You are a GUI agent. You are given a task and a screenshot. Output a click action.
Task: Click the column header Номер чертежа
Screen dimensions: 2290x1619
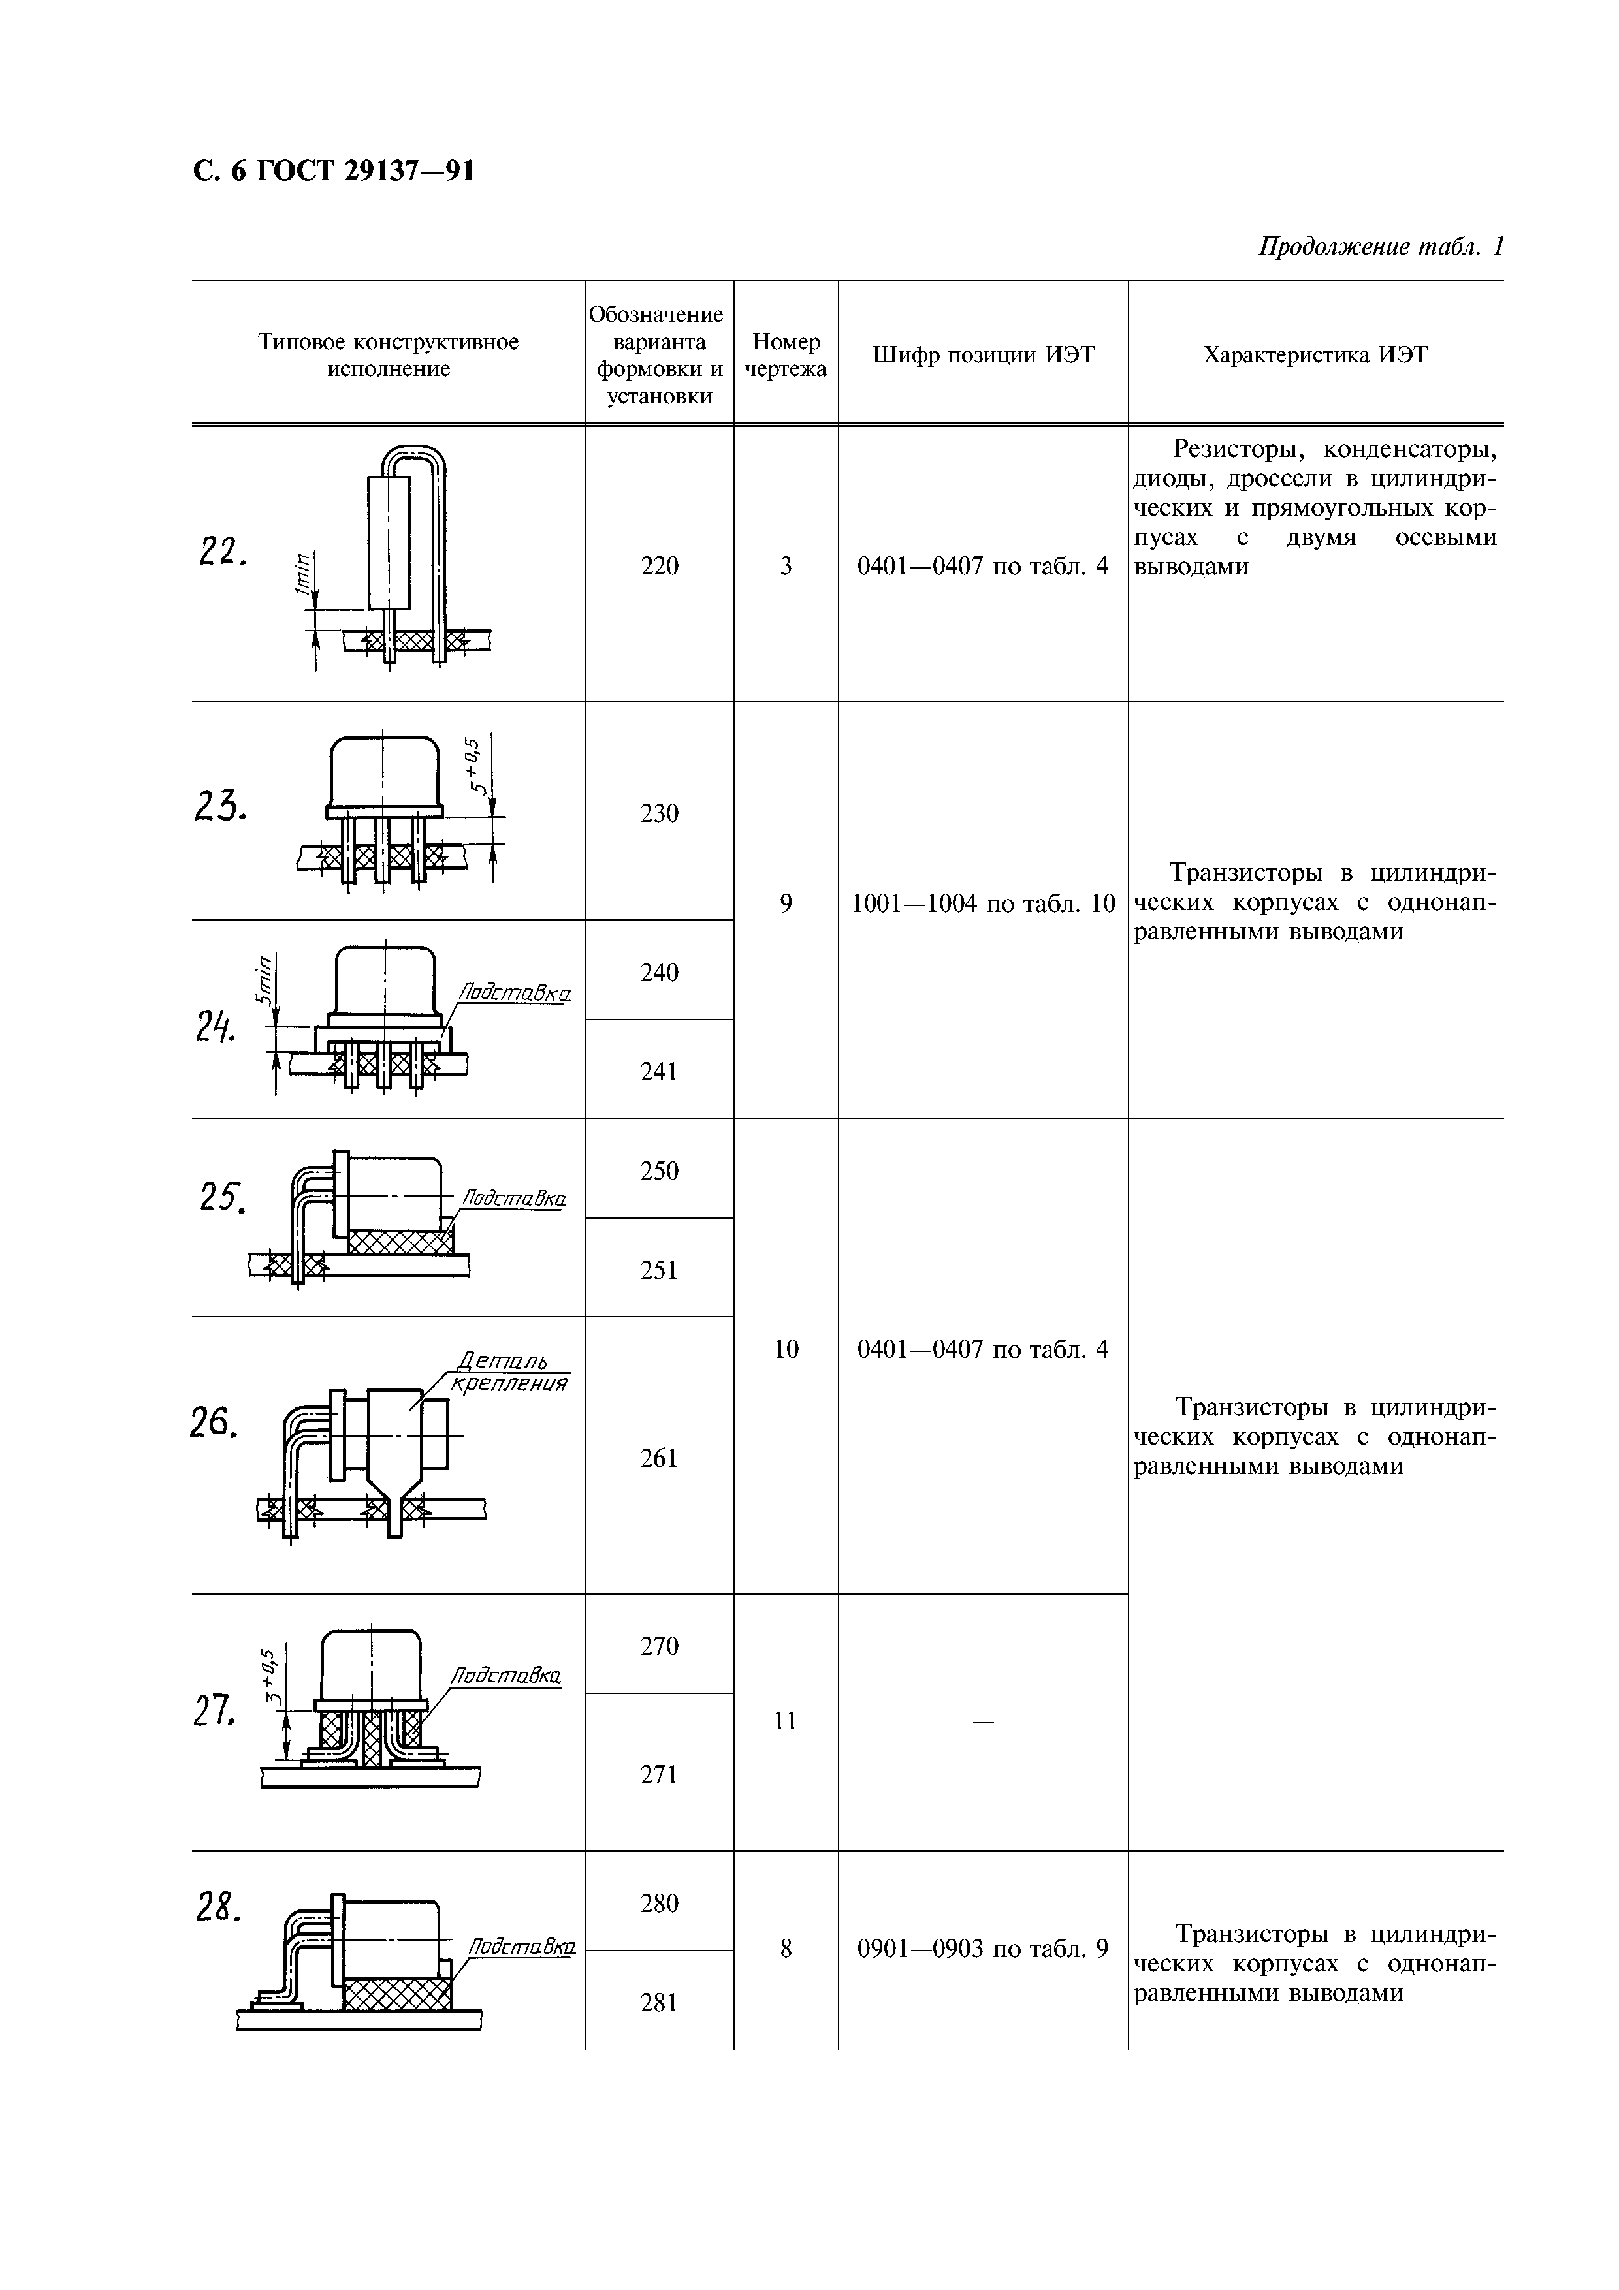(786, 355)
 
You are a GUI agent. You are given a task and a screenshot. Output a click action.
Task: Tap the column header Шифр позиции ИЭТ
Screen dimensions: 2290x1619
(983, 355)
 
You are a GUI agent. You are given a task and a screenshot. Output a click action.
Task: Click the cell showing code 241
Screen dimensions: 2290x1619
(660, 1071)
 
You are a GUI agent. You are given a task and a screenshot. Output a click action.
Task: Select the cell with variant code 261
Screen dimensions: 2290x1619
(660, 1458)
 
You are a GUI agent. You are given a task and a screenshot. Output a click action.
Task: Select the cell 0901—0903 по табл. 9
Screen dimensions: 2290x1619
(983, 1948)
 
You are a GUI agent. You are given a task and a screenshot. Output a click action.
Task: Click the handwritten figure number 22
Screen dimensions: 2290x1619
(221, 552)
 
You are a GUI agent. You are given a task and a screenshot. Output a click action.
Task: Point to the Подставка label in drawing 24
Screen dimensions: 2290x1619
(514, 994)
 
